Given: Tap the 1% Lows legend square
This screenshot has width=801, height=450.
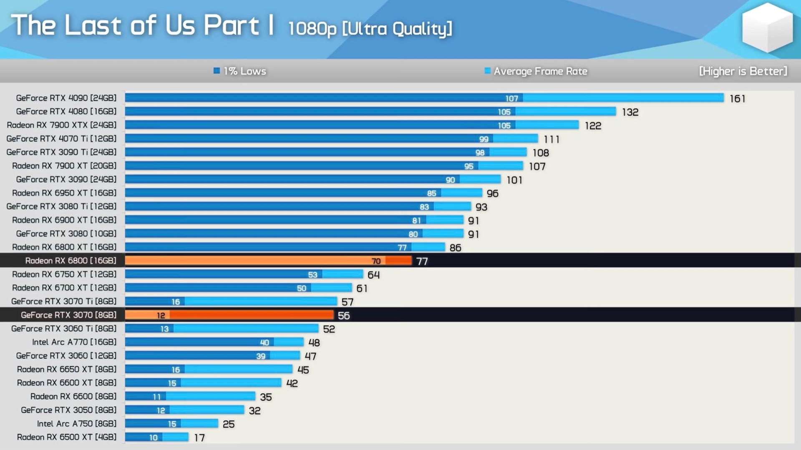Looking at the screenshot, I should coord(217,71).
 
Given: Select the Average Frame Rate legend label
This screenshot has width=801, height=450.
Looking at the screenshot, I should coord(540,71).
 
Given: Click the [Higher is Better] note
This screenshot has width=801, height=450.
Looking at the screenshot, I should coord(743,71).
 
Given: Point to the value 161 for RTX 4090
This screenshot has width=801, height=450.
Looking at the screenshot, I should coord(737,99).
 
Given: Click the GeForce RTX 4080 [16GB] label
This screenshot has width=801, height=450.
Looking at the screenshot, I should coord(66,112).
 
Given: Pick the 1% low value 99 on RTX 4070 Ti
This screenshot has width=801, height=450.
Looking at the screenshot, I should coord(484,139).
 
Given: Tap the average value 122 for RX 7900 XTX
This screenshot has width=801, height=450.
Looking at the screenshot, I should coord(593,126).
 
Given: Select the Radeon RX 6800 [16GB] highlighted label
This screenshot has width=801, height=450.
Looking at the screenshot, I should coord(71,261).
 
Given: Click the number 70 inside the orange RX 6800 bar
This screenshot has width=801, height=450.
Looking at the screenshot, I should coord(376,261).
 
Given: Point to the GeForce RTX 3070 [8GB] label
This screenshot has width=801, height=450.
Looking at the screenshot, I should coord(68,315).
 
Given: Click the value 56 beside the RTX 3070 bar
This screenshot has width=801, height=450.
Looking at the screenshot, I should coord(344,316).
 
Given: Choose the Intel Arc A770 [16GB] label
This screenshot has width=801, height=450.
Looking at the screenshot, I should coord(74,342).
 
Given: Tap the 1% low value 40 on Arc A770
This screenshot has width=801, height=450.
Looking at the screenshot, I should coord(264,343).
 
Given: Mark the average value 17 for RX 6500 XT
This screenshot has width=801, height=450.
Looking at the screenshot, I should coord(199,438).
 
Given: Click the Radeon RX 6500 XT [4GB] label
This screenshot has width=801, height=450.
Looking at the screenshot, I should coord(67,437).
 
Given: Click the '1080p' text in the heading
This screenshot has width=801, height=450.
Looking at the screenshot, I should coord(312,29).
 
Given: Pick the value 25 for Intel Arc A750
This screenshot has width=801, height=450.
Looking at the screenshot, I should coord(229,425).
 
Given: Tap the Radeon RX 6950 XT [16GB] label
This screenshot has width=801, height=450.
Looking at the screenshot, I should coord(64,193).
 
